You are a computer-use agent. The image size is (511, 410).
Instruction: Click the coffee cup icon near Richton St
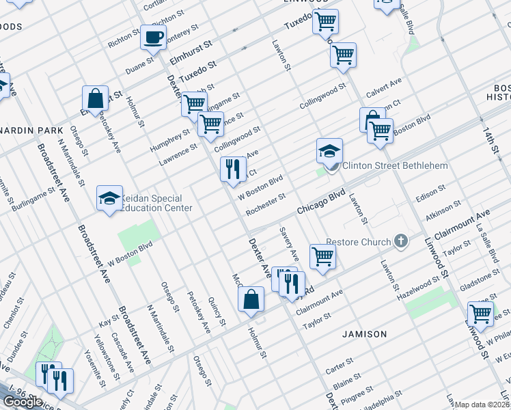point(153,36)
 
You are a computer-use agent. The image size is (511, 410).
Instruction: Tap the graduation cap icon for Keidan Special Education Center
point(109,198)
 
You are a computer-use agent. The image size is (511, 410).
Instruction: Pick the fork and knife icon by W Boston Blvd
point(233,169)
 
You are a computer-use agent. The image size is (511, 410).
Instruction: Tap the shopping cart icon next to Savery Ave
point(322,256)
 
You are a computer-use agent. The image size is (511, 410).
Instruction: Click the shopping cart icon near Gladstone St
point(480,314)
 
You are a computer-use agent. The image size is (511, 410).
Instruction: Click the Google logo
point(23,402)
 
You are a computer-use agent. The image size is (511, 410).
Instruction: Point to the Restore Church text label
point(358,242)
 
